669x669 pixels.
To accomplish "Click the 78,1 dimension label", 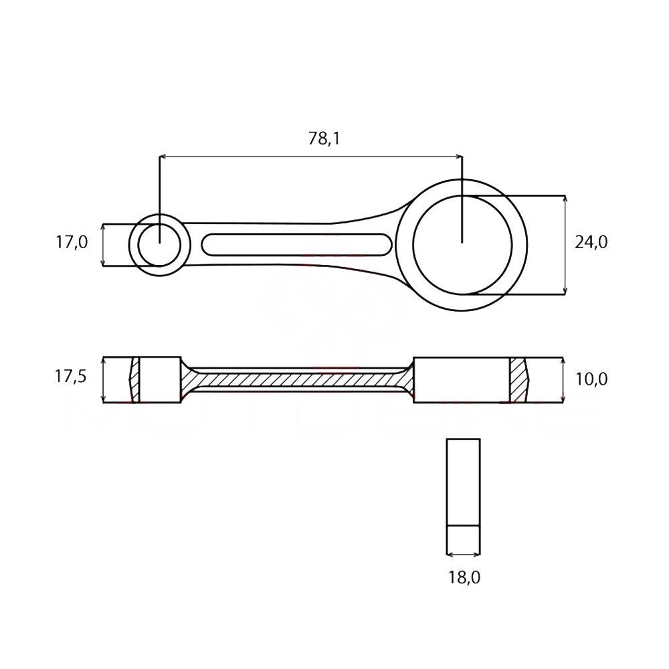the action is coord(324,138).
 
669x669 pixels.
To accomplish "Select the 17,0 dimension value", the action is coord(72,242).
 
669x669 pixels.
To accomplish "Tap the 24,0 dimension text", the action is coord(591,242).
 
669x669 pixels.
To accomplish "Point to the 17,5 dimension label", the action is coord(70,376).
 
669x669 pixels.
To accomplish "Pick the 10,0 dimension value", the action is coord(591,379).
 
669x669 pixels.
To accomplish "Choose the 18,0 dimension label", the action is coord(464,578).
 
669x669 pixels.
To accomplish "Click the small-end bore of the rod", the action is coord(160,245).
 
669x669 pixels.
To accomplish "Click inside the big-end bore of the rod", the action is coord(462,245).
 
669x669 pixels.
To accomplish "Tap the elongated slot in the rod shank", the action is coord(296,245).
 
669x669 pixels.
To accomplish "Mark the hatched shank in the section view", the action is coord(297,380).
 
